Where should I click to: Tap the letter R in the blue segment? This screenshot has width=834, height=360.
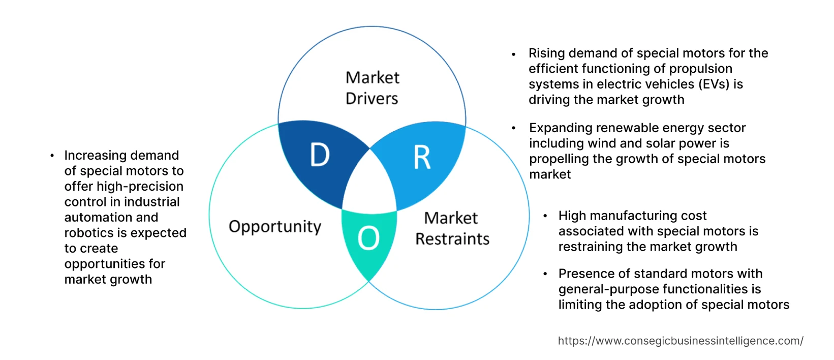[422, 157]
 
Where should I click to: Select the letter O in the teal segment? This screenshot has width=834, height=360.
[368, 238]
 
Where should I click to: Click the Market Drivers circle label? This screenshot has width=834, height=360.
[372, 88]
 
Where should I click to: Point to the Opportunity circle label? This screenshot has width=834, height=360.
[275, 226]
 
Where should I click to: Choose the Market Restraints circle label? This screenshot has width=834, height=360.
[452, 228]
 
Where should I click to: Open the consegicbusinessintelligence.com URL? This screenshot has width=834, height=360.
[681, 341]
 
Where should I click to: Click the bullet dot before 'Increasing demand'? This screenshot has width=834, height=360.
[52, 156]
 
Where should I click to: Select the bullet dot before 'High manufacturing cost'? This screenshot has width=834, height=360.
[545, 216]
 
